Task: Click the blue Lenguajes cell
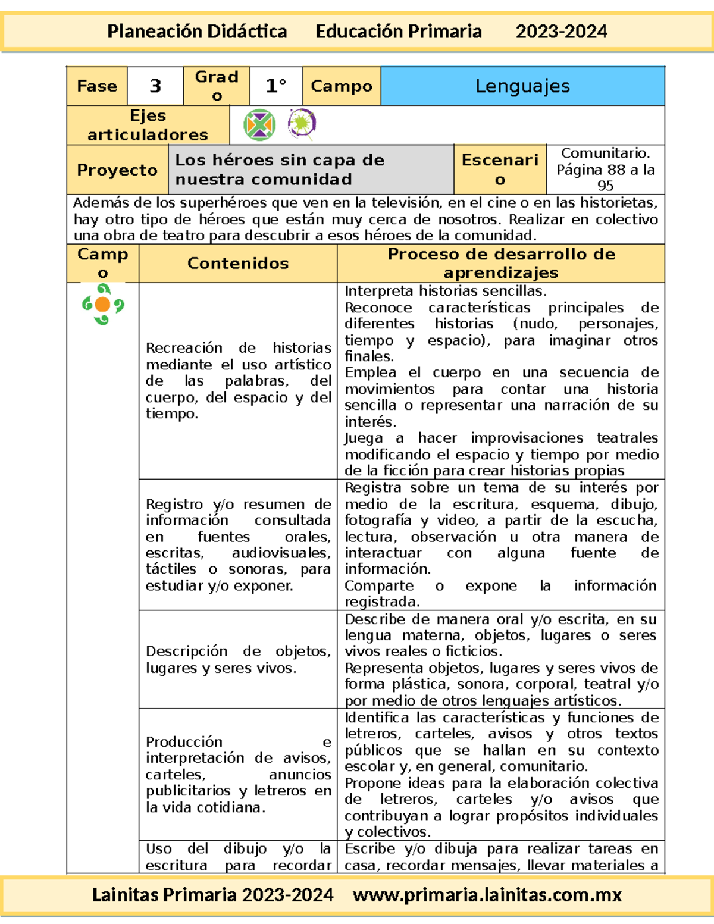coord(522,86)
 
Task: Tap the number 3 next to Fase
coord(155,86)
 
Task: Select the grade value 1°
coord(276,86)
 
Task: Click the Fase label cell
coord(97,86)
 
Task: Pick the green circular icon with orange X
coord(259,125)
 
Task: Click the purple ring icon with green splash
coord(302,124)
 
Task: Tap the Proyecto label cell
coord(117,170)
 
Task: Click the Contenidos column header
coord(238,263)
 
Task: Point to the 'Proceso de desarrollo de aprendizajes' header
coord(501,263)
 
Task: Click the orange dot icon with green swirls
coord(103,305)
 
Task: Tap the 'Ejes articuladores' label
coord(148,125)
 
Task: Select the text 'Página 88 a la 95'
coord(605,177)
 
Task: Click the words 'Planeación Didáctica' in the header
coord(197,32)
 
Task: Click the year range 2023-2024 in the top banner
coord(561,32)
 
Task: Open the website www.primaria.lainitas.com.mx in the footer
coord(487,895)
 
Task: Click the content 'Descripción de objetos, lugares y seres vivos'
coord(238,659)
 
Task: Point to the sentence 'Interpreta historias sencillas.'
coord(446,291)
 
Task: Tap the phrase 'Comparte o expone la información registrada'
coord(500,593)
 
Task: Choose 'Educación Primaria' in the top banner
coord(399,32)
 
